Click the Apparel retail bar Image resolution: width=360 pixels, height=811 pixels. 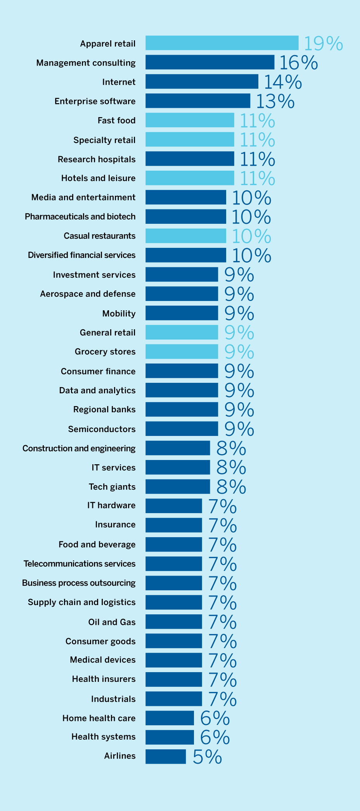(222, 43)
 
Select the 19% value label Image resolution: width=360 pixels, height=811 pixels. (323, 43)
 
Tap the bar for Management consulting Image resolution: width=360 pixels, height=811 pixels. (210, 62)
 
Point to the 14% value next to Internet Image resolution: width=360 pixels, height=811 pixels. (283, 82)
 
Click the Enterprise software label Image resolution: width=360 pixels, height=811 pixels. (95, 101)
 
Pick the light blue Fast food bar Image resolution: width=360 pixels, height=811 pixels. (190, 120)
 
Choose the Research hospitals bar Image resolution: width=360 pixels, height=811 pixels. (190, 159)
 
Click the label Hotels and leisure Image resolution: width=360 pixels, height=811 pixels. (99, 178)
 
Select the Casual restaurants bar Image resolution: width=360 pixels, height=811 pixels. (186, 236)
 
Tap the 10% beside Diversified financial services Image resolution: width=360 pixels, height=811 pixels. (251, 255)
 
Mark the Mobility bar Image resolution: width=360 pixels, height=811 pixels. (182, 313)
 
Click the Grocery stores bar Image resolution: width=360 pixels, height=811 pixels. (182, 351)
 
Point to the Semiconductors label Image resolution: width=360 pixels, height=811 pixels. (102, 429)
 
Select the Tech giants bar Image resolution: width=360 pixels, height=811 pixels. (178, 486)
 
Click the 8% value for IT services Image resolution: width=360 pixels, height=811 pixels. (231, 467)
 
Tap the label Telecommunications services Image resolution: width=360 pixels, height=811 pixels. (80, 564)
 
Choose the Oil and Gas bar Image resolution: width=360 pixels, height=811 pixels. (174, 621)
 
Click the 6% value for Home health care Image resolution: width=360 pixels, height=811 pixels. (215, 718)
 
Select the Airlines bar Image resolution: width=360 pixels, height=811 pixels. (166, 756)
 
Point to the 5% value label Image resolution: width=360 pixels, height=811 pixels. (207, 757)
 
